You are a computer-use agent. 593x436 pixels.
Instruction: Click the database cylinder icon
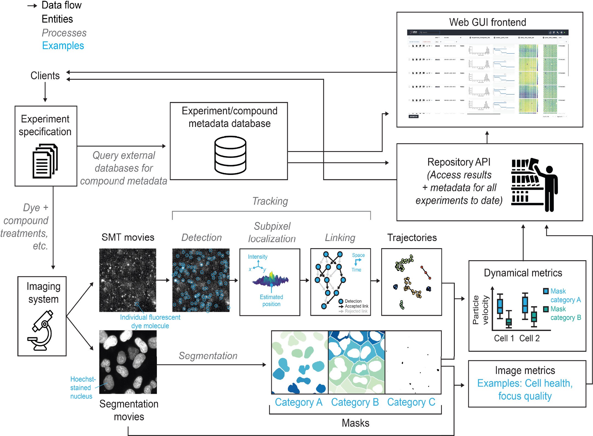230,155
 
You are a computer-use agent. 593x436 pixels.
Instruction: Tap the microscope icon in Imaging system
41,330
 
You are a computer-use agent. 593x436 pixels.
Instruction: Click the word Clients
45,76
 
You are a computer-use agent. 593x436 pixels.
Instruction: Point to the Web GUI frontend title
487,22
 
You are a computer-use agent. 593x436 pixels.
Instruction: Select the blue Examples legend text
63,46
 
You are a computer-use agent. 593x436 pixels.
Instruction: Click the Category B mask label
355,402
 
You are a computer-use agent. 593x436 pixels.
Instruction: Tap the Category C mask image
413,362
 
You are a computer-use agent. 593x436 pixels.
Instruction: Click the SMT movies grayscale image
128,280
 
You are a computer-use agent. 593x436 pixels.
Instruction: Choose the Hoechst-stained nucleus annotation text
82,387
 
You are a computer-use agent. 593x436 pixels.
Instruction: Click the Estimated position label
271,300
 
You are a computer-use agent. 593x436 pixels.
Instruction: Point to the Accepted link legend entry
356,306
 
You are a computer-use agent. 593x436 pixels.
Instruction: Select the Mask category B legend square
546,309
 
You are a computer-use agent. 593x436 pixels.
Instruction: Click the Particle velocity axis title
480,310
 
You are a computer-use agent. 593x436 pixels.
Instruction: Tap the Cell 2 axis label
529,338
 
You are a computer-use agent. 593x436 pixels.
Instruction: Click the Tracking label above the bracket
270,201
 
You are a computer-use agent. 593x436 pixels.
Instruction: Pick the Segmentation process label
208,356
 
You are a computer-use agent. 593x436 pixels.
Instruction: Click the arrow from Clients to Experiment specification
45,92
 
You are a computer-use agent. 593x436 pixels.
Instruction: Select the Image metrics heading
525,370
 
